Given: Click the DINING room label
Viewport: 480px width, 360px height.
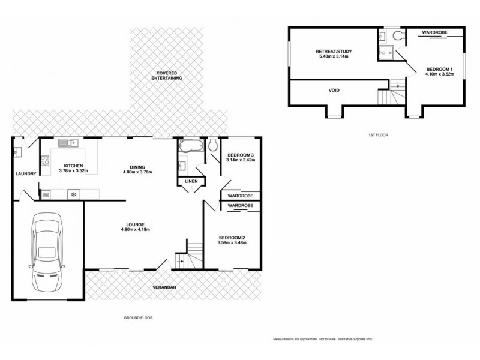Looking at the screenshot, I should point(138,169).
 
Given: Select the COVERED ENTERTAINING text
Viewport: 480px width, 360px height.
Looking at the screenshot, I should point(166,75).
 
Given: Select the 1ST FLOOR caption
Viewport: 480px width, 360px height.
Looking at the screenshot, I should point(379,135).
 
